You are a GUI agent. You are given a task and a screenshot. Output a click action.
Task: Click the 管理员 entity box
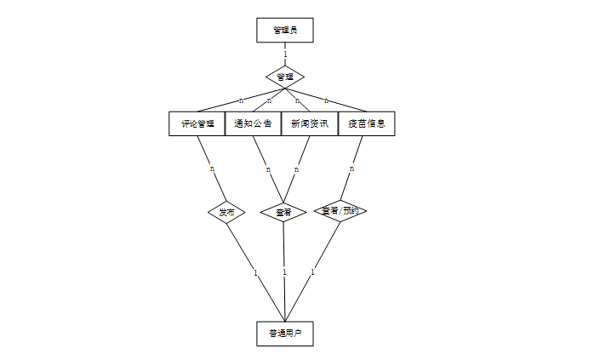point(285,30)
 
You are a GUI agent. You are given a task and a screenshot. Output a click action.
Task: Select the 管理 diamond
point(285,77)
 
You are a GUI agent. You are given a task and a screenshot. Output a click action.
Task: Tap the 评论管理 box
point(197,123)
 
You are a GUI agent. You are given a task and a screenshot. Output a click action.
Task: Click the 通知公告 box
point(253,123)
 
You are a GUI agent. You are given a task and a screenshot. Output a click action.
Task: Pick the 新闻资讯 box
point(309,123)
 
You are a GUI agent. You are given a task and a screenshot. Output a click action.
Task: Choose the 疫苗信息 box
point(366,123)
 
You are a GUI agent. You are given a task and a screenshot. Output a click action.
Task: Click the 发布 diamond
point(226,212)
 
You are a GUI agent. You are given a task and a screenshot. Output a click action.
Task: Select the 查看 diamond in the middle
point(283,212)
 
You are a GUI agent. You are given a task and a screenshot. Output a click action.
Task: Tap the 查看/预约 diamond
point(340,210)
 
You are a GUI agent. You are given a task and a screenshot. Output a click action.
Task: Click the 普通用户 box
point(285,333)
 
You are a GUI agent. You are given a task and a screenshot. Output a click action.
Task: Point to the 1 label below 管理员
point(285,54)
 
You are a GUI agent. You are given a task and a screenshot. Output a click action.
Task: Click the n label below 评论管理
point(213,169)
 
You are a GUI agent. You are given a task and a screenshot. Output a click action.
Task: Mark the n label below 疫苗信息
point(351,169)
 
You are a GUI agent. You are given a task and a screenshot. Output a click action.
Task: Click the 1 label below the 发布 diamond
point(255,273)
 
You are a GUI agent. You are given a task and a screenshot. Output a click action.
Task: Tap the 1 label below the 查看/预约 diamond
point(312,272)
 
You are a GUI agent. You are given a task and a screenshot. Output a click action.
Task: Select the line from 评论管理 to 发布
point(206,153)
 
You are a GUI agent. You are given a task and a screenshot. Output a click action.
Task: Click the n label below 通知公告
point(268,169)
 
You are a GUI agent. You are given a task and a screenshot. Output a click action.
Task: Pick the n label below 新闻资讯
point(296,169)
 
